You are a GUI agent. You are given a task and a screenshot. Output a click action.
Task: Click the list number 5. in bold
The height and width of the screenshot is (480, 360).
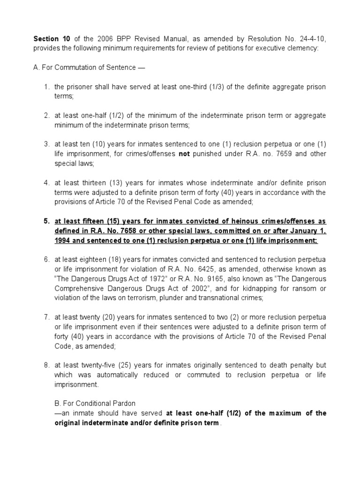pyautogui.click(x=46, y=221)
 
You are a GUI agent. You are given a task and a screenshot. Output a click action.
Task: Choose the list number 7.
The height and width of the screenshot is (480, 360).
pyautogui.click(x=46, y=317)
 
